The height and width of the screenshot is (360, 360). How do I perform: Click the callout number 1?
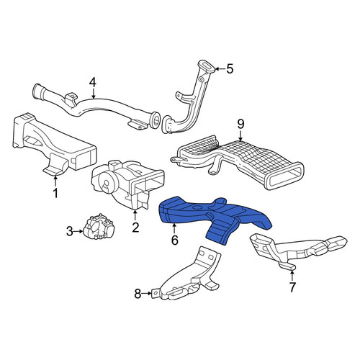(x=55, y=193)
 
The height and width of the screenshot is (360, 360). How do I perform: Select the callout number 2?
(x=135, y=228)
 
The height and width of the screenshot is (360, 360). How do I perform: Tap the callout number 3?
(x=69, y=232)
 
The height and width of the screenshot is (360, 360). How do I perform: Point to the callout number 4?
(x=93, y=82)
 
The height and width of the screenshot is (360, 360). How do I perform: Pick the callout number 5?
(x=230, y=69)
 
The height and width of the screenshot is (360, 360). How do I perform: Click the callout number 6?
(x=175, y=240)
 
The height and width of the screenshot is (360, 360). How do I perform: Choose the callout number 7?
(x=292, y=287)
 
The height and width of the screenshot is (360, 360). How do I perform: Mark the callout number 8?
(x=138, y=294)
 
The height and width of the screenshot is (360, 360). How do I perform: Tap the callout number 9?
(x=240, y=125)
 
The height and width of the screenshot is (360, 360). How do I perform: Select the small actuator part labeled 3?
(x=99, y=226)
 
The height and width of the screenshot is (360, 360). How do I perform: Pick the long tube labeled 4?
(x=96, y=106)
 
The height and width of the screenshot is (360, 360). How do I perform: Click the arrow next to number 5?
(x=220, y=69)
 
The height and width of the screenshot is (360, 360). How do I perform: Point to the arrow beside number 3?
(x=78, y=231)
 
